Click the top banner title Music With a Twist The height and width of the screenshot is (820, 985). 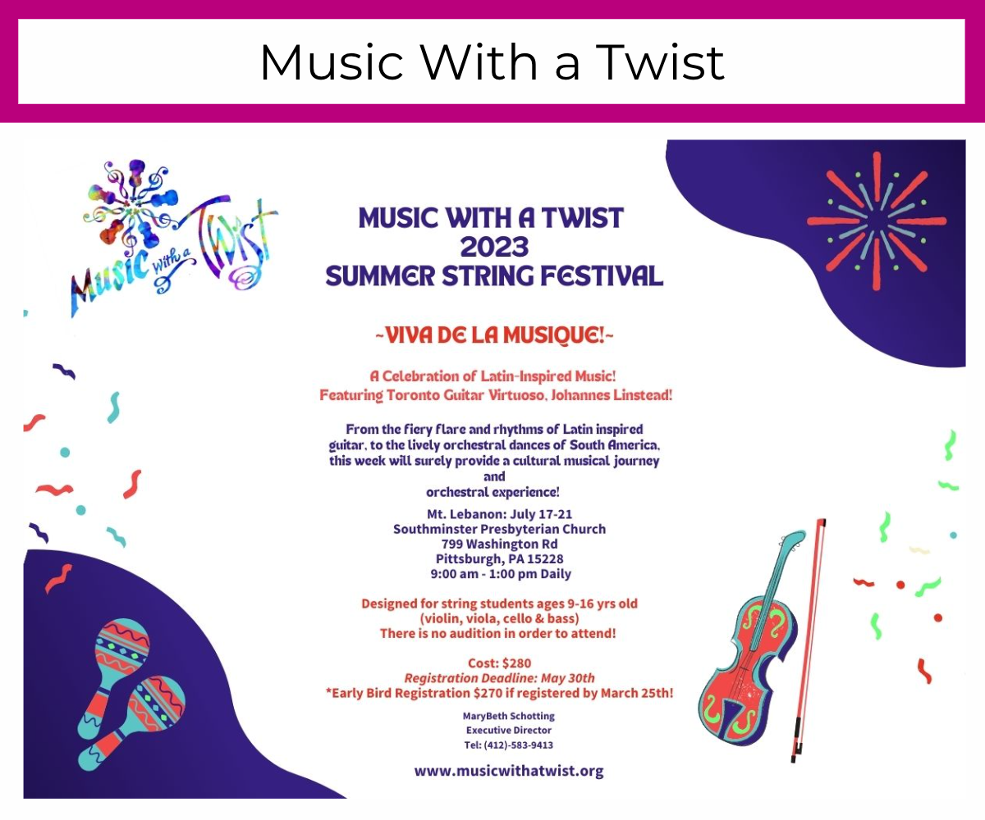[492, 61]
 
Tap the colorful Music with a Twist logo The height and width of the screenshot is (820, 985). [175, 235]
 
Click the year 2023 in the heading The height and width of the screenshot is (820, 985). [494, 247]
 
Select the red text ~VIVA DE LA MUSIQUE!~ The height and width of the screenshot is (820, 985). [494, 335]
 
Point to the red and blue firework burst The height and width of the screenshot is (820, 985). [876, 221]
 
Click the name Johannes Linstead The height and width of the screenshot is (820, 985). [611, 394]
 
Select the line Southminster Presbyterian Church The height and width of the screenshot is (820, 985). [500, 529]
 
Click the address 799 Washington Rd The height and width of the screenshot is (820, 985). [500, 544]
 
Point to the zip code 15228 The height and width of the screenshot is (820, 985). [545, 559]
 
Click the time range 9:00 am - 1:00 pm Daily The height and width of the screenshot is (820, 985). [501, 574]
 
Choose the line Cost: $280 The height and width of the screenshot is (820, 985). [500, 663]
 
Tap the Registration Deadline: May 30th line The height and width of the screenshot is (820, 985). [500, 678]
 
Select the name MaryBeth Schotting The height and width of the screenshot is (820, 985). [509, 717]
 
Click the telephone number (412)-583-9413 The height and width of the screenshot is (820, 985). [519, 745]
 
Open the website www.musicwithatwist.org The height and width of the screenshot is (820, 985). [509, 771]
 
